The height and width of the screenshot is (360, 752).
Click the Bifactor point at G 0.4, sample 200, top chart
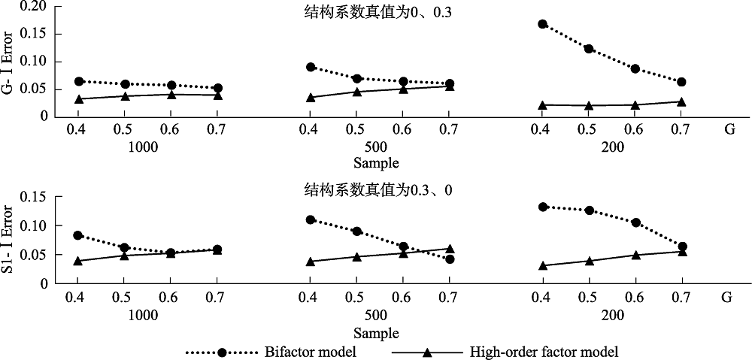click(x=542, y=24)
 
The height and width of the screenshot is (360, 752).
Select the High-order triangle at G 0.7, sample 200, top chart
click(x=681, y=102)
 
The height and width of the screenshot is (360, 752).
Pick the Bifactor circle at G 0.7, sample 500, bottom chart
click(x=449, y=259)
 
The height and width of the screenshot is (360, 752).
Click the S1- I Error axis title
click(x=10, y=238)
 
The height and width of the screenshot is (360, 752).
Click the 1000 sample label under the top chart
click(x=144, y=147)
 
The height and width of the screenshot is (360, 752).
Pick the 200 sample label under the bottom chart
click(x=611, y=314)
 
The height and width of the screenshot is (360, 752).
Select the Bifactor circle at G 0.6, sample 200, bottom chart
click(x=635, y=222)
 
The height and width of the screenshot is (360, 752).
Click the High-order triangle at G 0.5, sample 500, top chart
click(x=356, y=92)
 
